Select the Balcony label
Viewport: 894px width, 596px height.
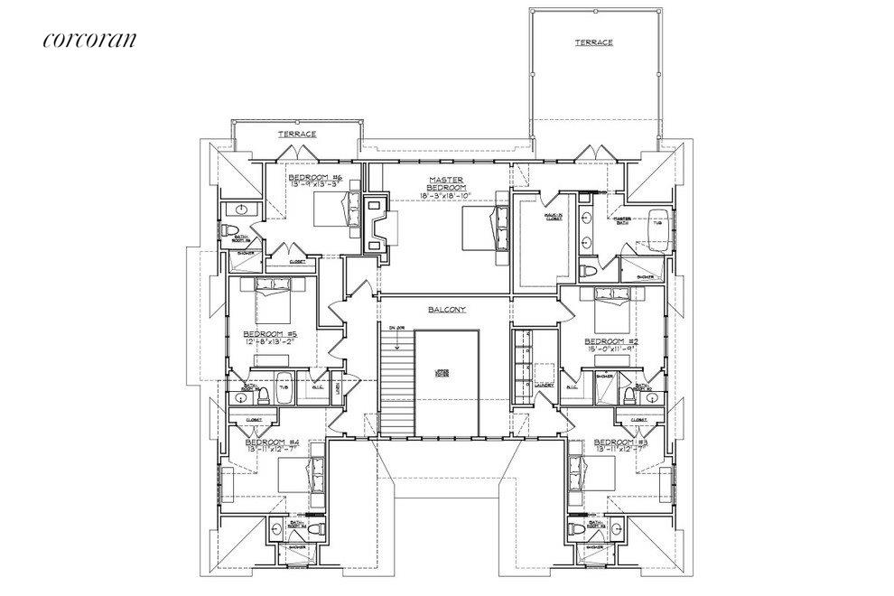[446, 310]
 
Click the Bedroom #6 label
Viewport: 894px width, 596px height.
[311, 177]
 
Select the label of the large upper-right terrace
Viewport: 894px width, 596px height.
[593, 42]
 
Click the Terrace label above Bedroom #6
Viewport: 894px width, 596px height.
[297, 134]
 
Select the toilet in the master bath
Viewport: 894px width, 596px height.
[590, 272]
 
